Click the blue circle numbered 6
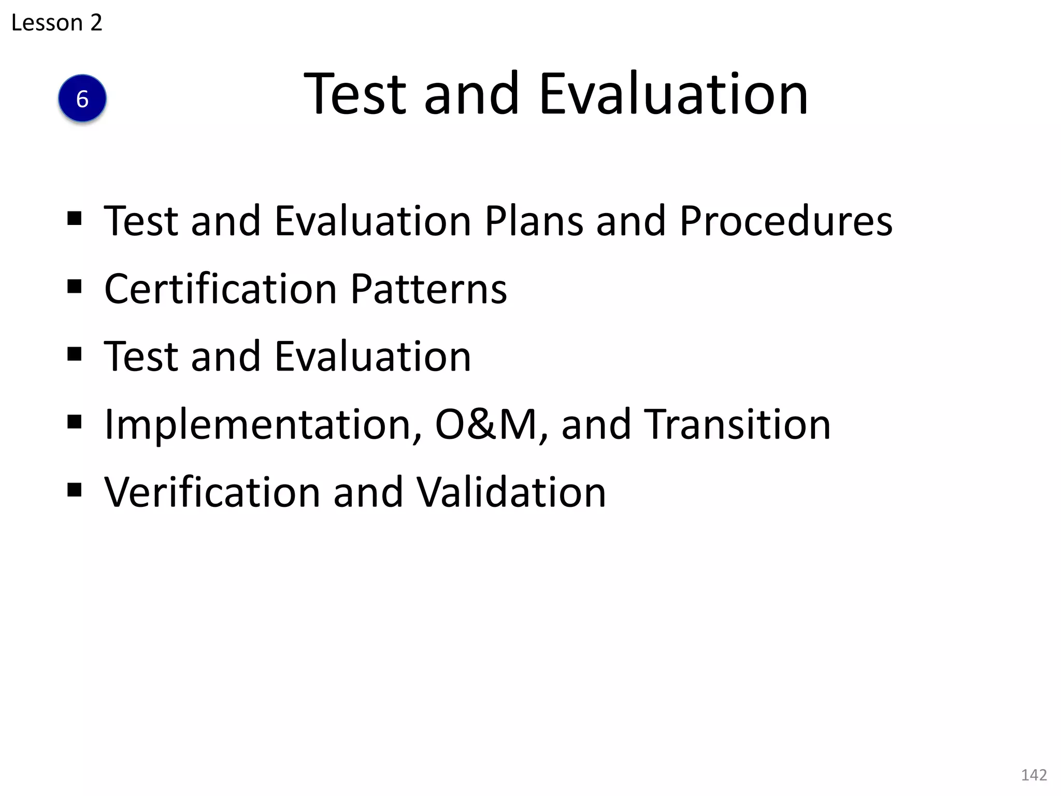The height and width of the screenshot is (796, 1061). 82,98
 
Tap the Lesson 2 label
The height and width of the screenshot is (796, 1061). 56,23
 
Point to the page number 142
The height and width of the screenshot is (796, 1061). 1034,775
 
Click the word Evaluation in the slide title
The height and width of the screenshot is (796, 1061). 673,94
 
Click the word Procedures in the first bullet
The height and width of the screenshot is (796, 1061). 786,221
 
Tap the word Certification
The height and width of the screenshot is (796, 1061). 221,289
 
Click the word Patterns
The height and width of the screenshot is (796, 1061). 429,289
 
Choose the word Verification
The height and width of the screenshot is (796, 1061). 212,492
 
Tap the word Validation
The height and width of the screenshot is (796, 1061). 511,492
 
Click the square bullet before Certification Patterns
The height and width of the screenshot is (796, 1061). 75,286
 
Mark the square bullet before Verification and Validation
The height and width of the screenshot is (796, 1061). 75,490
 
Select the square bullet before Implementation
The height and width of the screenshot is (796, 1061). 75,422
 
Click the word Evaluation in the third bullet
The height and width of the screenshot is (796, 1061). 372,357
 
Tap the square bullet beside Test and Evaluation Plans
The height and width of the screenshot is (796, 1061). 75,218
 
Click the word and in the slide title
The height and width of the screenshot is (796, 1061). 471,94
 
